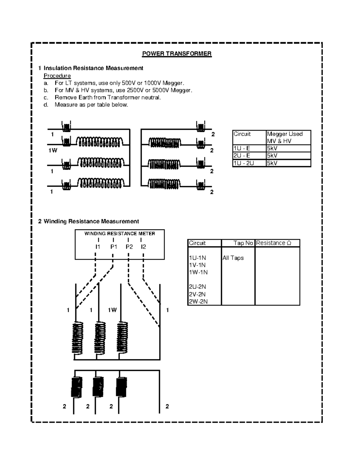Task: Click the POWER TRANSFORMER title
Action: (177, 54)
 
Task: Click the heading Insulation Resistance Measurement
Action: (93, 68)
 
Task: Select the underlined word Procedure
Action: (57, 76)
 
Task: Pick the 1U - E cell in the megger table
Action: (242, 148)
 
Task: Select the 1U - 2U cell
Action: (244, 163)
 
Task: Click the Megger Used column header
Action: (285, 134)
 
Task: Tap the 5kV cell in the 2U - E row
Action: (272, 156)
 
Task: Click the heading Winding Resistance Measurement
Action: (91, 222)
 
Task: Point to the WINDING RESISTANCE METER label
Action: (119, 234)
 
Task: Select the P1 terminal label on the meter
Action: (113, 247)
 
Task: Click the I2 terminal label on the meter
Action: (143, 247)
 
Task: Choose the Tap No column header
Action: (243, 243)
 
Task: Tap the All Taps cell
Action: (233, 258)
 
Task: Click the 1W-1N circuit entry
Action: (198, 272)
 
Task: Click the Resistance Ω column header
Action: (273, 243)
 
